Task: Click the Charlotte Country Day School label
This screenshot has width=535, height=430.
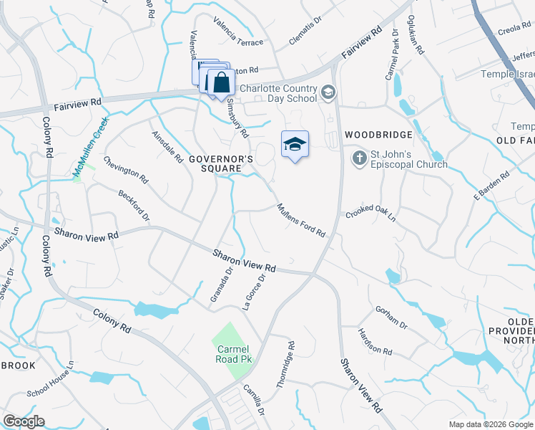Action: click(x=278, y=93)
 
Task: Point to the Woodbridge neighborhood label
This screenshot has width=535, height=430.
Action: click(x=378, y=135)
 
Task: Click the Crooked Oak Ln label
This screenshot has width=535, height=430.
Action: click(x=370, y=214)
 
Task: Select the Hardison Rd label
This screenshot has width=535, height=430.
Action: click(x=376, y=343)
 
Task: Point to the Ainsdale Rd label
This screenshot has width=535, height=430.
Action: click(x=167, y=145)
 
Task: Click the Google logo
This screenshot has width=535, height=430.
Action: click(x=24, y=421)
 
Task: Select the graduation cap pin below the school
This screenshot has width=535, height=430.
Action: click(x=295, y=145)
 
